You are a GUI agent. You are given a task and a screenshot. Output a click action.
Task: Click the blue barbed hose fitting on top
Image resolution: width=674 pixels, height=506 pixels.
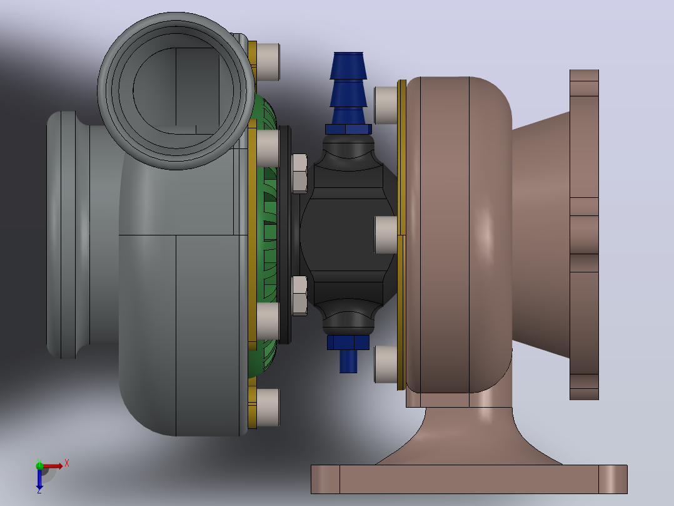pyautogui.click(x=349, y=88)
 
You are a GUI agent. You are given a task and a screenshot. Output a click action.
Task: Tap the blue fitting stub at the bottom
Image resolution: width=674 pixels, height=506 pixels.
pyautogui.click(x=348, y=361)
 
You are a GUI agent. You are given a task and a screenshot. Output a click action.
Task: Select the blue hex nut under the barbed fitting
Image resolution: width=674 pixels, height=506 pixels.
pyautogui.click(x=349, y=129)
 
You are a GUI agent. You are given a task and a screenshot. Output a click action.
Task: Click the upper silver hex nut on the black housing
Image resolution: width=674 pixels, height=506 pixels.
pyautogui.click(x=299, y=173)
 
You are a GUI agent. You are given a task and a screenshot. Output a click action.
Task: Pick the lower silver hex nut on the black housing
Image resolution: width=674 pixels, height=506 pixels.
pyautogui.click(x=299, y=296)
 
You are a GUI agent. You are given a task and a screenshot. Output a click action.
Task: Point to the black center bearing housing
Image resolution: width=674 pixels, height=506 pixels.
pyautogui.click(x=348, y=235)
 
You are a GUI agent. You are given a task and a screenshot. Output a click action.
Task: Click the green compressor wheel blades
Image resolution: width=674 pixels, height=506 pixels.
pyautogui.click(x=266, y=235)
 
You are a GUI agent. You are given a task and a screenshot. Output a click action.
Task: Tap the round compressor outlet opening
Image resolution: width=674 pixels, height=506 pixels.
pyautogui.click(x=176, y=90)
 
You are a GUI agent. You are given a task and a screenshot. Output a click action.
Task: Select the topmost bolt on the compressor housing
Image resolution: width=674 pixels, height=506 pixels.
pyautogui.click(x=268, y=61)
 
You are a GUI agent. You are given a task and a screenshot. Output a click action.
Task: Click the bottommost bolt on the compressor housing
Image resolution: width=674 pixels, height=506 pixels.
pyautogui.click(x=268, y=408)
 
